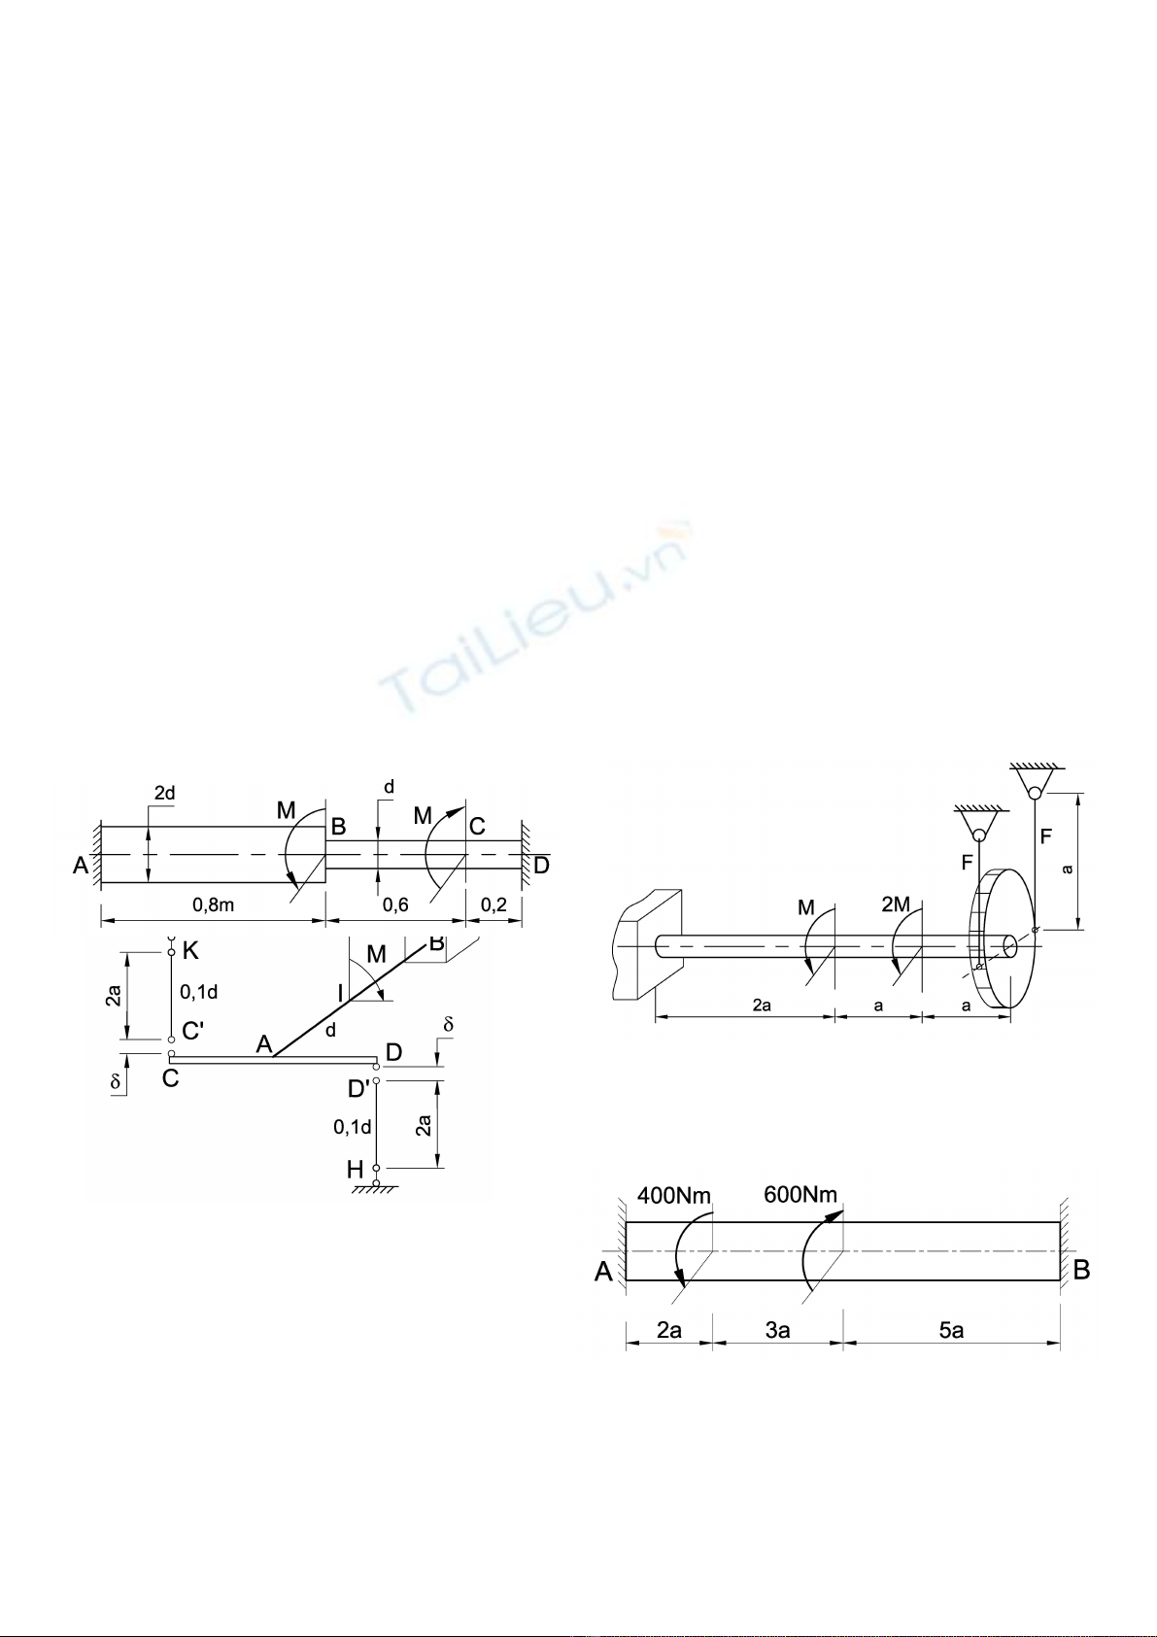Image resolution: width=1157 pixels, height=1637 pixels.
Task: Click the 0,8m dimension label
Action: point(213,904)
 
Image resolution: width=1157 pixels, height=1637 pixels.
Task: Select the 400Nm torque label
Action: point(674,1196)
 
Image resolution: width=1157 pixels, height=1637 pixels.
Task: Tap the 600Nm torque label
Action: point(800,1195)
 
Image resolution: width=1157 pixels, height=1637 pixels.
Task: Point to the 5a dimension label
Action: point(952,1330)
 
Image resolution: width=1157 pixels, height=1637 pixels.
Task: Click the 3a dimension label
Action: point(778,1330)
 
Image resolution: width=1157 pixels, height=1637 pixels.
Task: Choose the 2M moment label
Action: point(896,904)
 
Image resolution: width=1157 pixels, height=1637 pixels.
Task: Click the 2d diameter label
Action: point(164,793)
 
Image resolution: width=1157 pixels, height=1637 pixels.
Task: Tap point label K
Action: point(190,951)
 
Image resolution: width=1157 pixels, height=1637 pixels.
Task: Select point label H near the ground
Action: point(356,1170)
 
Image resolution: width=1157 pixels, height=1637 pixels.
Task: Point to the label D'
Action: point(358,1089)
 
